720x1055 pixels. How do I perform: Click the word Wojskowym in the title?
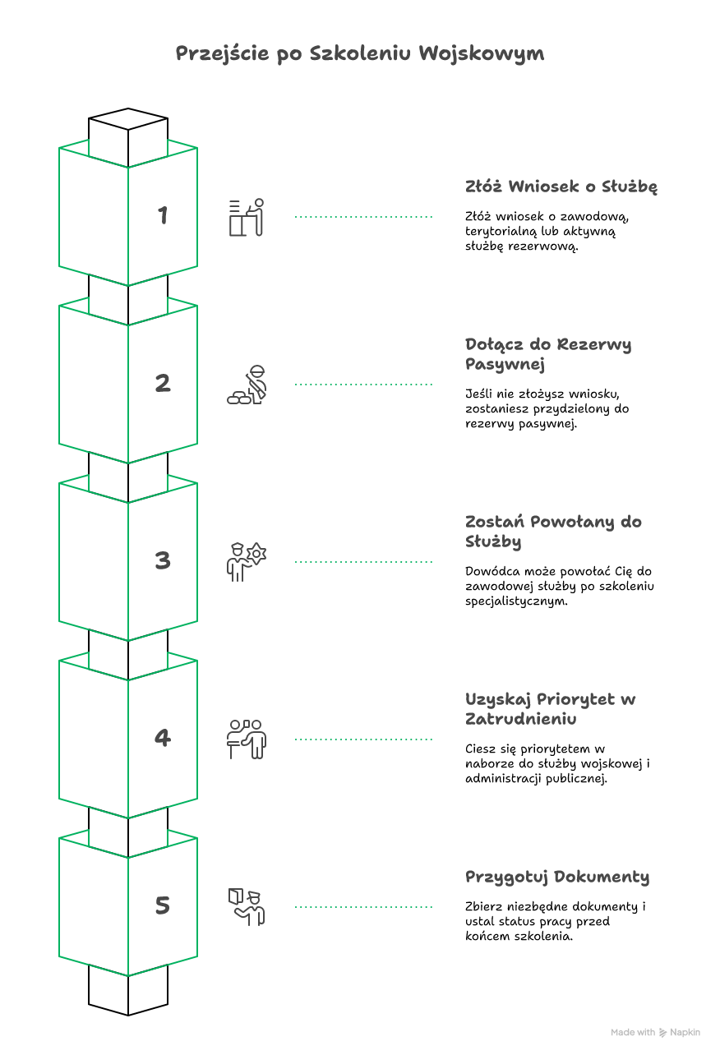pos(482,53)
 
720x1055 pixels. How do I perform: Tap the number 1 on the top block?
pos(163,215)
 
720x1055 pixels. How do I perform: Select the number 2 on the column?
pos(163,383)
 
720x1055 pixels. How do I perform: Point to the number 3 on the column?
pos(163,560)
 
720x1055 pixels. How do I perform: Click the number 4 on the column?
pos(163,738)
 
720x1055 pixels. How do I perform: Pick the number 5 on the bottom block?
pos(163,905)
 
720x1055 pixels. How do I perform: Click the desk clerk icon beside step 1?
pos(247,217)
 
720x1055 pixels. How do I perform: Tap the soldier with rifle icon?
pos(247,385)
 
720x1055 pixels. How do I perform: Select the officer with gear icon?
pos(247,562)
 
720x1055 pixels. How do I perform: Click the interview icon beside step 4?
pos(247,739)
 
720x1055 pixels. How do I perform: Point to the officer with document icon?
pos(247,907)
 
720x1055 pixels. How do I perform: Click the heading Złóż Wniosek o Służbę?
pos(561,187)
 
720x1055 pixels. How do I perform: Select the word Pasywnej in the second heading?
pos(505,365)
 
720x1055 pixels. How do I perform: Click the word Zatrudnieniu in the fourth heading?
pos(520,719)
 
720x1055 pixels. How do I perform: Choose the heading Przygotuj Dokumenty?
pos(557,878)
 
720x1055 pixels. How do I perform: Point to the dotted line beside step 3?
pos(363,562)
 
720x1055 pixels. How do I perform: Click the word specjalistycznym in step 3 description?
pos(516,601)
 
